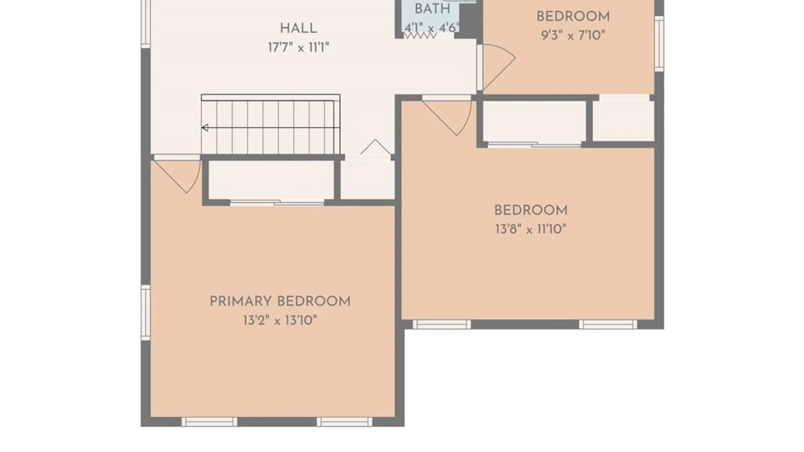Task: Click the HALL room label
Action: [298, 28]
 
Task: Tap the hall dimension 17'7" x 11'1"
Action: [298, 47]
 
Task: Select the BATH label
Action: [432, 9]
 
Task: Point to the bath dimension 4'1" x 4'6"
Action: [431, 28]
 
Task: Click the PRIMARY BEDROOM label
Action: [280, 301]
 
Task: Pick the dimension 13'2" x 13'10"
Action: [280, 321]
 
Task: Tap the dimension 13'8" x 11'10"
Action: [531, 229]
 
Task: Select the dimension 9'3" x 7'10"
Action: [573, 35]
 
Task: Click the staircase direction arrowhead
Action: [205, 128]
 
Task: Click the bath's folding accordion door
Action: [420, 36]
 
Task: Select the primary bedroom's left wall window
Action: [145, 313]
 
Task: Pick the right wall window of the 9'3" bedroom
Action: [659, 44]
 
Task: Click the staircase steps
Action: [271, 125]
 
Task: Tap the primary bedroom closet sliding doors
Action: [277, 203]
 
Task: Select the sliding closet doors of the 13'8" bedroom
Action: [534, 144]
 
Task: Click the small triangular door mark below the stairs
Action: [376, 147]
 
